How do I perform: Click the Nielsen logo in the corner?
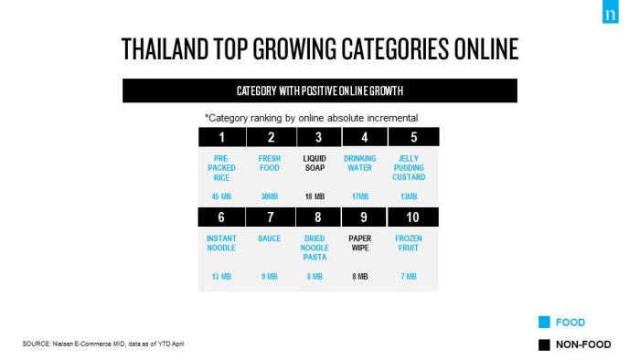pyautogui.click(x=610, y=11)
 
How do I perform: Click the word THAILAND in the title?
pyautogui.click(x=165, y=49)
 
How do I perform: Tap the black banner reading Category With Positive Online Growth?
pyautogui.click(x=320, y=90)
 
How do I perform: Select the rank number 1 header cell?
pyautogui.click(x=222, y=137)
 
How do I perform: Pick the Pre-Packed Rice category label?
pyautogui.click(x=221, y=168)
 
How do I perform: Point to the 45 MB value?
pyautogui.click(x=221, y=196)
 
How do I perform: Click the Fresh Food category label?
pyautogui.click(x=270, y=163)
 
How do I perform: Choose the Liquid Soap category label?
pyautogui.click(x=315, y=163)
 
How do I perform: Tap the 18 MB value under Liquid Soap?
pyautogui.click(x=315, y=196)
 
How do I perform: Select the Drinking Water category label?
pyautogui.click(x=359, y=163)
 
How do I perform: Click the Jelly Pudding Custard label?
pyautogui.click(x=409, y=167)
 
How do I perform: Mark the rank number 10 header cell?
pyautogui.click(x=412, y=217)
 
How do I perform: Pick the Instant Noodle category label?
pyautogui.click(x=221, y=243)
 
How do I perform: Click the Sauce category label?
pyautogui.click(x=270, y=238)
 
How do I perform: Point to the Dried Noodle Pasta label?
pyautogui.click(x=315, y=248)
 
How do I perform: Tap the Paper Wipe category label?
pyautogui.click(x=360, y=243)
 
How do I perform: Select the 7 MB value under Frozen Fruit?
pyautogui.click(x=409, y=277)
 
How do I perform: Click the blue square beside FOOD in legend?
pyautogui.click(x=544, y=323)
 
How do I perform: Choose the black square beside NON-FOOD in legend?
pyautogui.click(x=544, y=344)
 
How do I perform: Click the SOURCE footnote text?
pyautogui.click(x=103, y=344)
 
